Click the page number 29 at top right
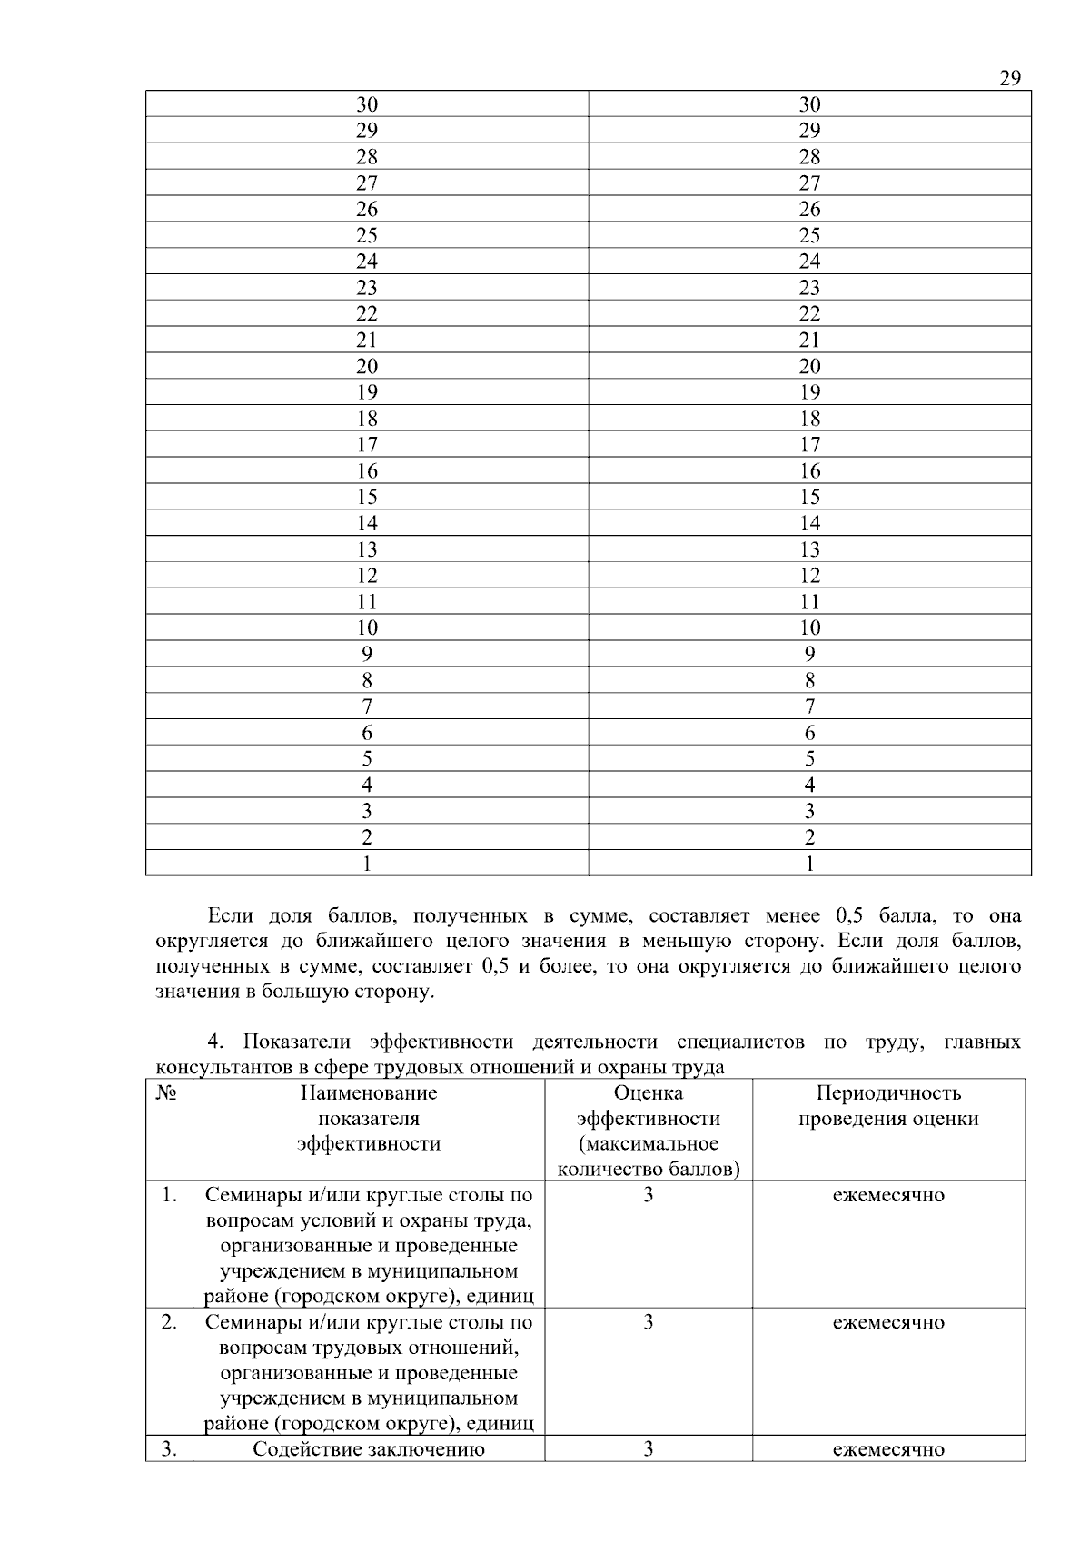tap(1009, 78)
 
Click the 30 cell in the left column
tap(367, 104)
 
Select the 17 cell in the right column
tap(809, 445)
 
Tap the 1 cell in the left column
tap(367, 864)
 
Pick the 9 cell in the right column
tap(809, 654)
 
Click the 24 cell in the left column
tap(367, 262)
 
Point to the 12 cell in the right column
tap(809, 576)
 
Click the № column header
tap(168, 1093)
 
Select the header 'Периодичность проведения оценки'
tap(888, 1106)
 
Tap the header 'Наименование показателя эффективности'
tap(369, 1118)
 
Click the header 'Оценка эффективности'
tap(648, 1106)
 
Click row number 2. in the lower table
tap(169, 1322)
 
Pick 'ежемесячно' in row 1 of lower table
tap(888, 1195)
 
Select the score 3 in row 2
tap(648, 1322)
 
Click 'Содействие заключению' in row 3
tap(369, 1449)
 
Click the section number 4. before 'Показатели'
tap(216, 1042)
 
